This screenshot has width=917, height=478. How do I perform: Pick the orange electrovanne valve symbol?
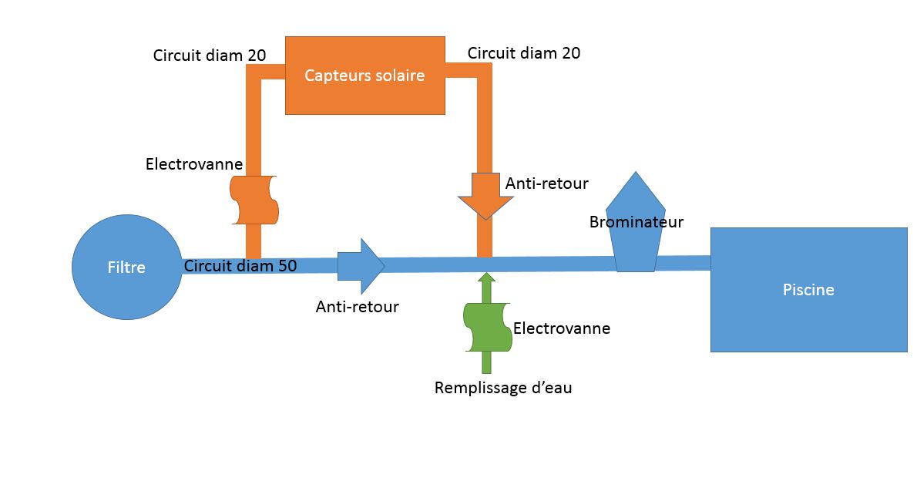click(x=254, y=200)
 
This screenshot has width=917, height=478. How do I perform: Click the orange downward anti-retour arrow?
click(x=485, y=197)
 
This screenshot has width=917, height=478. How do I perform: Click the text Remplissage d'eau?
click(x=503, y=388)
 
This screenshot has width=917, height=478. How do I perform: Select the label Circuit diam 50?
click(x=240, y=266)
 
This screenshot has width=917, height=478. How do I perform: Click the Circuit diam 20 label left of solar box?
click(x=210, y=55)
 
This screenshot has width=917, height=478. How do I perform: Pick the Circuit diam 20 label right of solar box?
click(x=524, y=53)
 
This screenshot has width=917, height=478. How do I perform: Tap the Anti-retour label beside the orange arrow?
click(x=546, y=183)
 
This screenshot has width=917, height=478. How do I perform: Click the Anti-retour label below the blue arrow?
click(x=357, y=307)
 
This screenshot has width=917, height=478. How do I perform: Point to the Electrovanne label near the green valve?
click(x=562, y=328)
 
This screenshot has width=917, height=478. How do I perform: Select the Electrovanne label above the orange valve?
click(x=194, y=164)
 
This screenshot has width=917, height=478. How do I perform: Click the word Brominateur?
click(x=637, y=222)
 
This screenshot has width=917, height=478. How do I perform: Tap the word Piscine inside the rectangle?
click(x=808, y=290)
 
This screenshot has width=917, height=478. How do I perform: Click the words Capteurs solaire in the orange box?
click(x=364, y=76)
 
